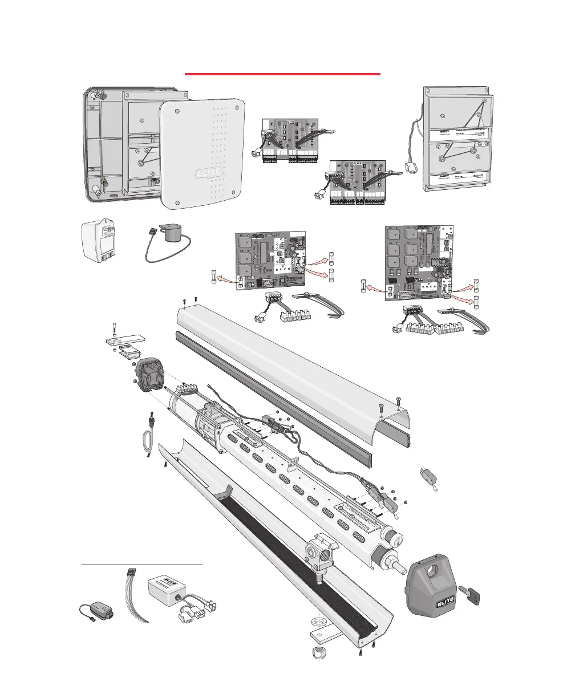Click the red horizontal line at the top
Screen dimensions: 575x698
282,74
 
